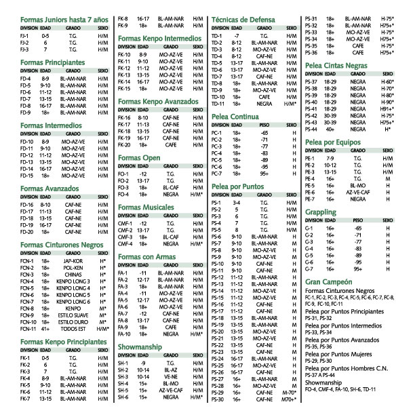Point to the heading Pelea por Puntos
pyautogui.click(x=238, y=186)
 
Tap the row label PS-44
pyautogui.click(x=313, y=128)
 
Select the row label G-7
pyautogui.click(x=311, y=268)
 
